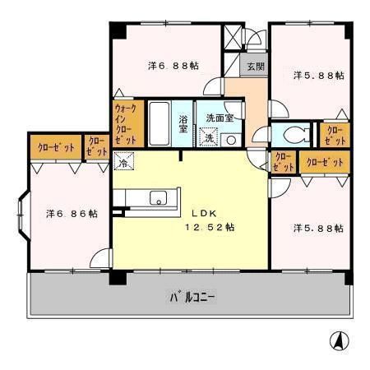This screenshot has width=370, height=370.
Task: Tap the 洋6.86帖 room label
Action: pos(71,213)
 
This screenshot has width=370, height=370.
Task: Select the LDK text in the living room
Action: pos(206,210)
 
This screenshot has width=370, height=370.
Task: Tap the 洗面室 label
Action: pos(220,117)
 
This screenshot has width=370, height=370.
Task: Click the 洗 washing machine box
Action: pos(210,138)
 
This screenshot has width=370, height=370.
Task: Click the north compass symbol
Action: pos(337,340)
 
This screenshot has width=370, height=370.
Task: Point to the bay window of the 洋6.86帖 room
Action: pos(22,214)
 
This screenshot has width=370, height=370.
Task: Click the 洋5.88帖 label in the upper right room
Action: pos(318,75)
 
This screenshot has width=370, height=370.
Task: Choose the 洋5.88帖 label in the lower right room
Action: pos(318,227)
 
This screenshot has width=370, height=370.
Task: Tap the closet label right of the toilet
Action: pos(335,135)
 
